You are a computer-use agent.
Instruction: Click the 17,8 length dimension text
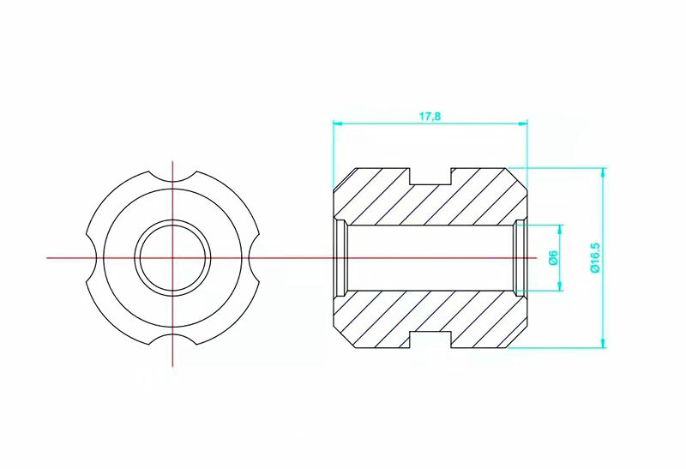(x=430, y=117)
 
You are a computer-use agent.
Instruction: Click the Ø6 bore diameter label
(x=553, y=258)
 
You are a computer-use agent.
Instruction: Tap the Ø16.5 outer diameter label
(x=595, y=258)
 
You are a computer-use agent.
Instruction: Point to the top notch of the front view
(x=173, y=176)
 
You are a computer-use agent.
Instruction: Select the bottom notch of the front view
(x=173, y=340)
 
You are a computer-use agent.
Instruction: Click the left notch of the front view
(x=91, y=258)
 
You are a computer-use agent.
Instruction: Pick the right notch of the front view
(x=255, y=258)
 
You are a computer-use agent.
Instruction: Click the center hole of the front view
(x=173, y=258)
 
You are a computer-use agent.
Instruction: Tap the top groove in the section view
(x=430, y=176)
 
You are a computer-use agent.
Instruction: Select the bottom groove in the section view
(x=430, y=340)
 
